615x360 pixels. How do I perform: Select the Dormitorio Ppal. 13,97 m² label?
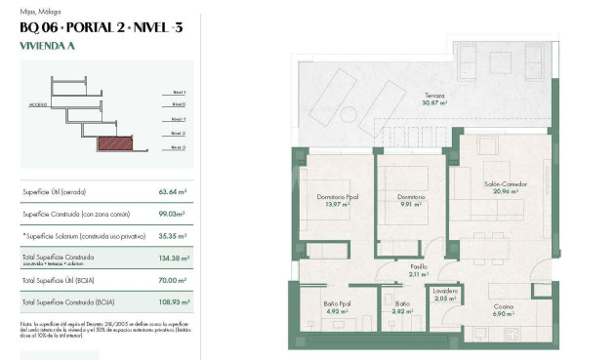338,200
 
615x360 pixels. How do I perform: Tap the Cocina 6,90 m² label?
503,310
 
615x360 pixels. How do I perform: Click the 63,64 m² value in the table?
172,192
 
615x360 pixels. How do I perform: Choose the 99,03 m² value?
172,214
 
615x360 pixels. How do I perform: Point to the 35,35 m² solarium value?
172,236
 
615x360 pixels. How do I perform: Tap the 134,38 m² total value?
172,259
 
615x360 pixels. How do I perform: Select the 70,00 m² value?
172,281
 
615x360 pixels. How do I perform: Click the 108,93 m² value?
172,303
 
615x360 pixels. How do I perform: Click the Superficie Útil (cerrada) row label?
61,192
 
